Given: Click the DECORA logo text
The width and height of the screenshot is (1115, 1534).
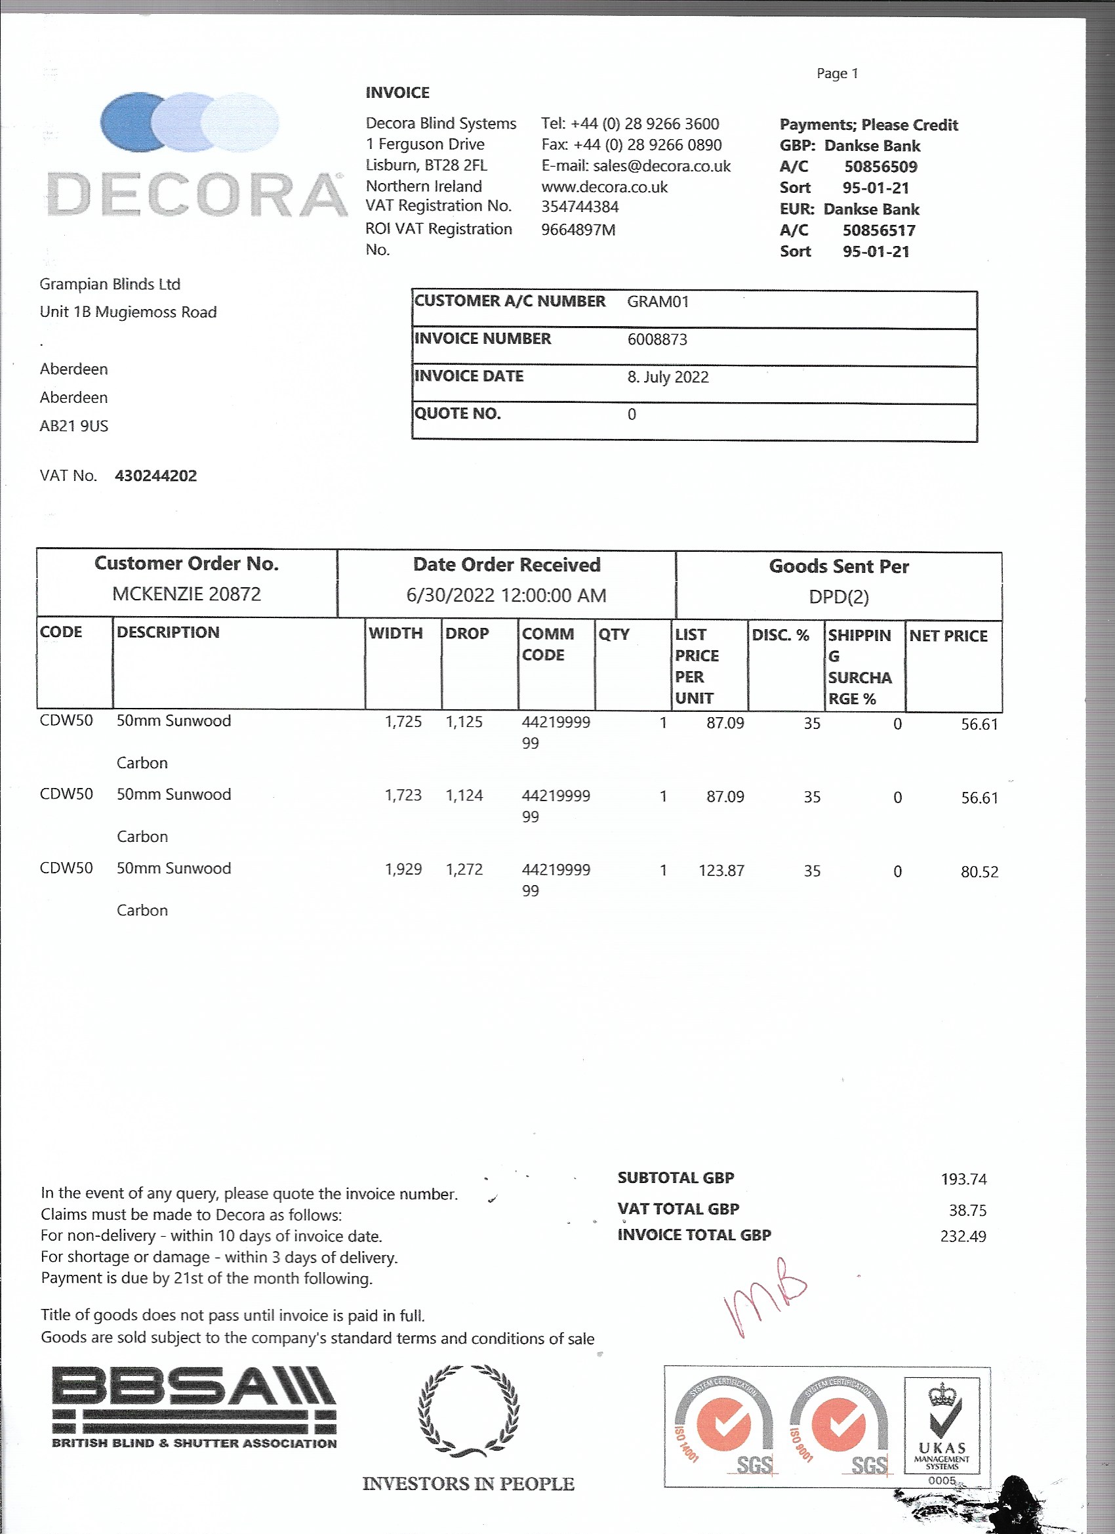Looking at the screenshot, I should (x=196, y=195).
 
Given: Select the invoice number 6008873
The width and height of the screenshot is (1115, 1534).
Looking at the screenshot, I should (x=657, y=339).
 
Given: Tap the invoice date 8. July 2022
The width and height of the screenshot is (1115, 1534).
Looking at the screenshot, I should (x=668, y=377).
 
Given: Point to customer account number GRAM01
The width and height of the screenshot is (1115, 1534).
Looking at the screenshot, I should (x=657, y=302).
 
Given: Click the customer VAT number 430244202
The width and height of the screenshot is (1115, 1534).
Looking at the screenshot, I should (x=155, y=476).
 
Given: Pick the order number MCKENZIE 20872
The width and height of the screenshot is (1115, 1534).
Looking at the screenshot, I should (x=187, y=594).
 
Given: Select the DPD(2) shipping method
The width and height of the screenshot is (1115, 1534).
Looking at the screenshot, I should (x=838, y=597).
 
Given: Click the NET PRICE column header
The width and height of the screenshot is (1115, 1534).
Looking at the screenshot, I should (x=948, y=636).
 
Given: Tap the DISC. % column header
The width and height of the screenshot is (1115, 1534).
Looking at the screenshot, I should (x=780, y=635).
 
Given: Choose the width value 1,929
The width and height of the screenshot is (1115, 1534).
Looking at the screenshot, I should (x=403, y=870).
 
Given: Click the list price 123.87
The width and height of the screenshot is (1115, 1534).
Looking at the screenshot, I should (x=721, y=871).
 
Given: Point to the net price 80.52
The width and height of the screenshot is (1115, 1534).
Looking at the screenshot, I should (x=979, y=873).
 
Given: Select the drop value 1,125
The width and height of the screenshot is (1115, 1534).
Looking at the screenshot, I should (x=464, y=722).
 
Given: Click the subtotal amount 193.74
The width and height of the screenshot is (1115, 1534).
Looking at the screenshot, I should (x=963, y=1180).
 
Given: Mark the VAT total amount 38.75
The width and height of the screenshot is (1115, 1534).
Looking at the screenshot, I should (x=967, y=1211).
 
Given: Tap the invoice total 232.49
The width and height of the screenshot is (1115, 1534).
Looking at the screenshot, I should (x=963, y=1237).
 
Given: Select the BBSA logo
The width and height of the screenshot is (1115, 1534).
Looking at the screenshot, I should (x=194, y=1407).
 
